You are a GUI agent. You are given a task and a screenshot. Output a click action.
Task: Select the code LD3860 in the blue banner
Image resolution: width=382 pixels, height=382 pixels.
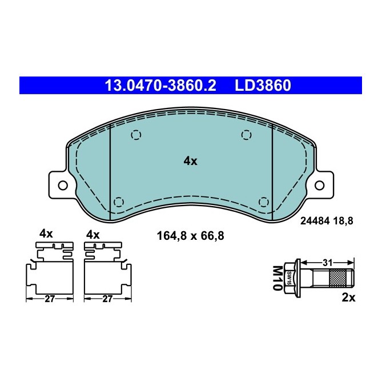point(263,86)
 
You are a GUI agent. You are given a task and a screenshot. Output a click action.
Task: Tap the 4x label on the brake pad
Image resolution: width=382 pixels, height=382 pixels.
point(190,162)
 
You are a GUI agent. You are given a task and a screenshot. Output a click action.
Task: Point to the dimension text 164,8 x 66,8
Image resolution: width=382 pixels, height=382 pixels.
point(190,235)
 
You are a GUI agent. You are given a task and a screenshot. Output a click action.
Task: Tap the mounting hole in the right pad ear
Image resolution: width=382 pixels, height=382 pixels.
point(320,185)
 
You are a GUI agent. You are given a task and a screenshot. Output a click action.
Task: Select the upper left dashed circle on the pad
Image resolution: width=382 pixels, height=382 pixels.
point(135,135)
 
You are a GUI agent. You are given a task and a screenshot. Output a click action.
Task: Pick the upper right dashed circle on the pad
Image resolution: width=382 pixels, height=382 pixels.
point(246,135)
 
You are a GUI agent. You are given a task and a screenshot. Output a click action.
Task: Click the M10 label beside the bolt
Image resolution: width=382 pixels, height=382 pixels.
point(278,278)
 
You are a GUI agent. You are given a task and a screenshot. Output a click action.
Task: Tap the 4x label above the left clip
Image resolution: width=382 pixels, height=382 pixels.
point(46,234)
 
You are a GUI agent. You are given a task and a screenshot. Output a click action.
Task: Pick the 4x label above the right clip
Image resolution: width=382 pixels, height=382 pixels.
point(92,234)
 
